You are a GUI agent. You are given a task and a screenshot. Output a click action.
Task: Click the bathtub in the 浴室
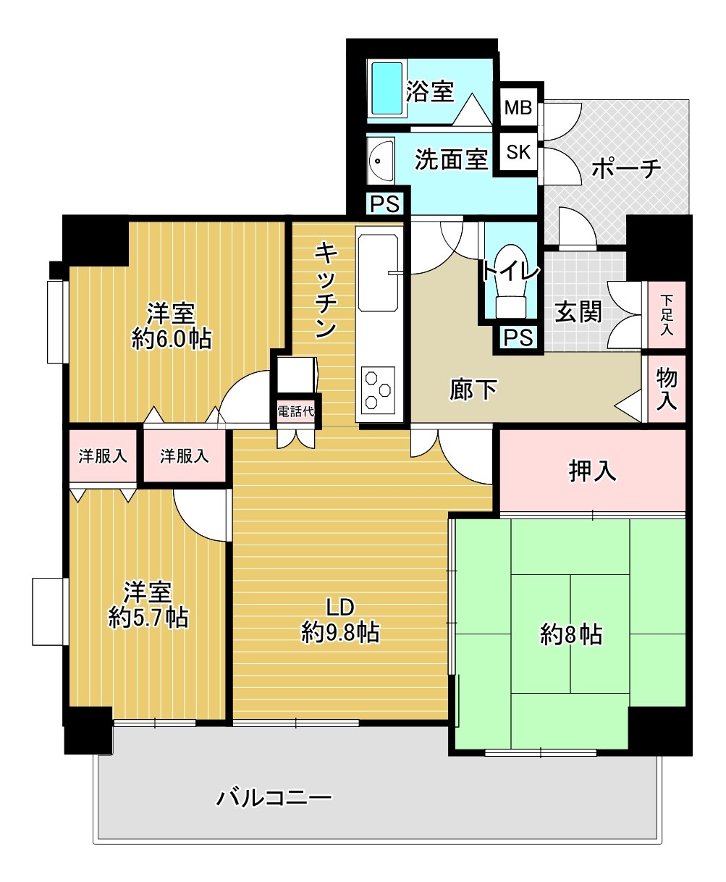387,88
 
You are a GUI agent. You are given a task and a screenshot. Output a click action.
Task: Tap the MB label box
518,107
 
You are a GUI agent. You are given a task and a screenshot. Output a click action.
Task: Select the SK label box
518,152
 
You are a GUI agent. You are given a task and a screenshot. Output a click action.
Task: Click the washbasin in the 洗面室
380,161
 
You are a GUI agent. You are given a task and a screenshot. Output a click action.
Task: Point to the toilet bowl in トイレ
511,280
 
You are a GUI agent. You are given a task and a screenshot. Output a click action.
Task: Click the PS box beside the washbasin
384,204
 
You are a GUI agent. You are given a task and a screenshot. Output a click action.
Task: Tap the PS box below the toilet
518,337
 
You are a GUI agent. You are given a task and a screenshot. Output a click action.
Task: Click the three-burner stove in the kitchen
378,390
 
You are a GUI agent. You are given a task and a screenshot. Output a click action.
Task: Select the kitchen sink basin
378,273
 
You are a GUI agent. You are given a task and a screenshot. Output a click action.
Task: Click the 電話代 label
295,411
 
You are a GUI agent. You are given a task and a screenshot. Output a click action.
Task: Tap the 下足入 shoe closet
666,315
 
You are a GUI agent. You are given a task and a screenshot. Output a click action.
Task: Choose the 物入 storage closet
666,389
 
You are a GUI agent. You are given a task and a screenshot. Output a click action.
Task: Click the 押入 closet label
592,471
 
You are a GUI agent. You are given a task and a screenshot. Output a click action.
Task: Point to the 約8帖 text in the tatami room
571,635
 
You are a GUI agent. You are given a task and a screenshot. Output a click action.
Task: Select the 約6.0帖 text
172,339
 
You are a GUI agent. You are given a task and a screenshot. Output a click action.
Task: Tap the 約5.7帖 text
148,618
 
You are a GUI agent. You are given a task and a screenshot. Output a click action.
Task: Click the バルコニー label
274,798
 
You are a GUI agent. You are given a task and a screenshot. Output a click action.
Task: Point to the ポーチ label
626,169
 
